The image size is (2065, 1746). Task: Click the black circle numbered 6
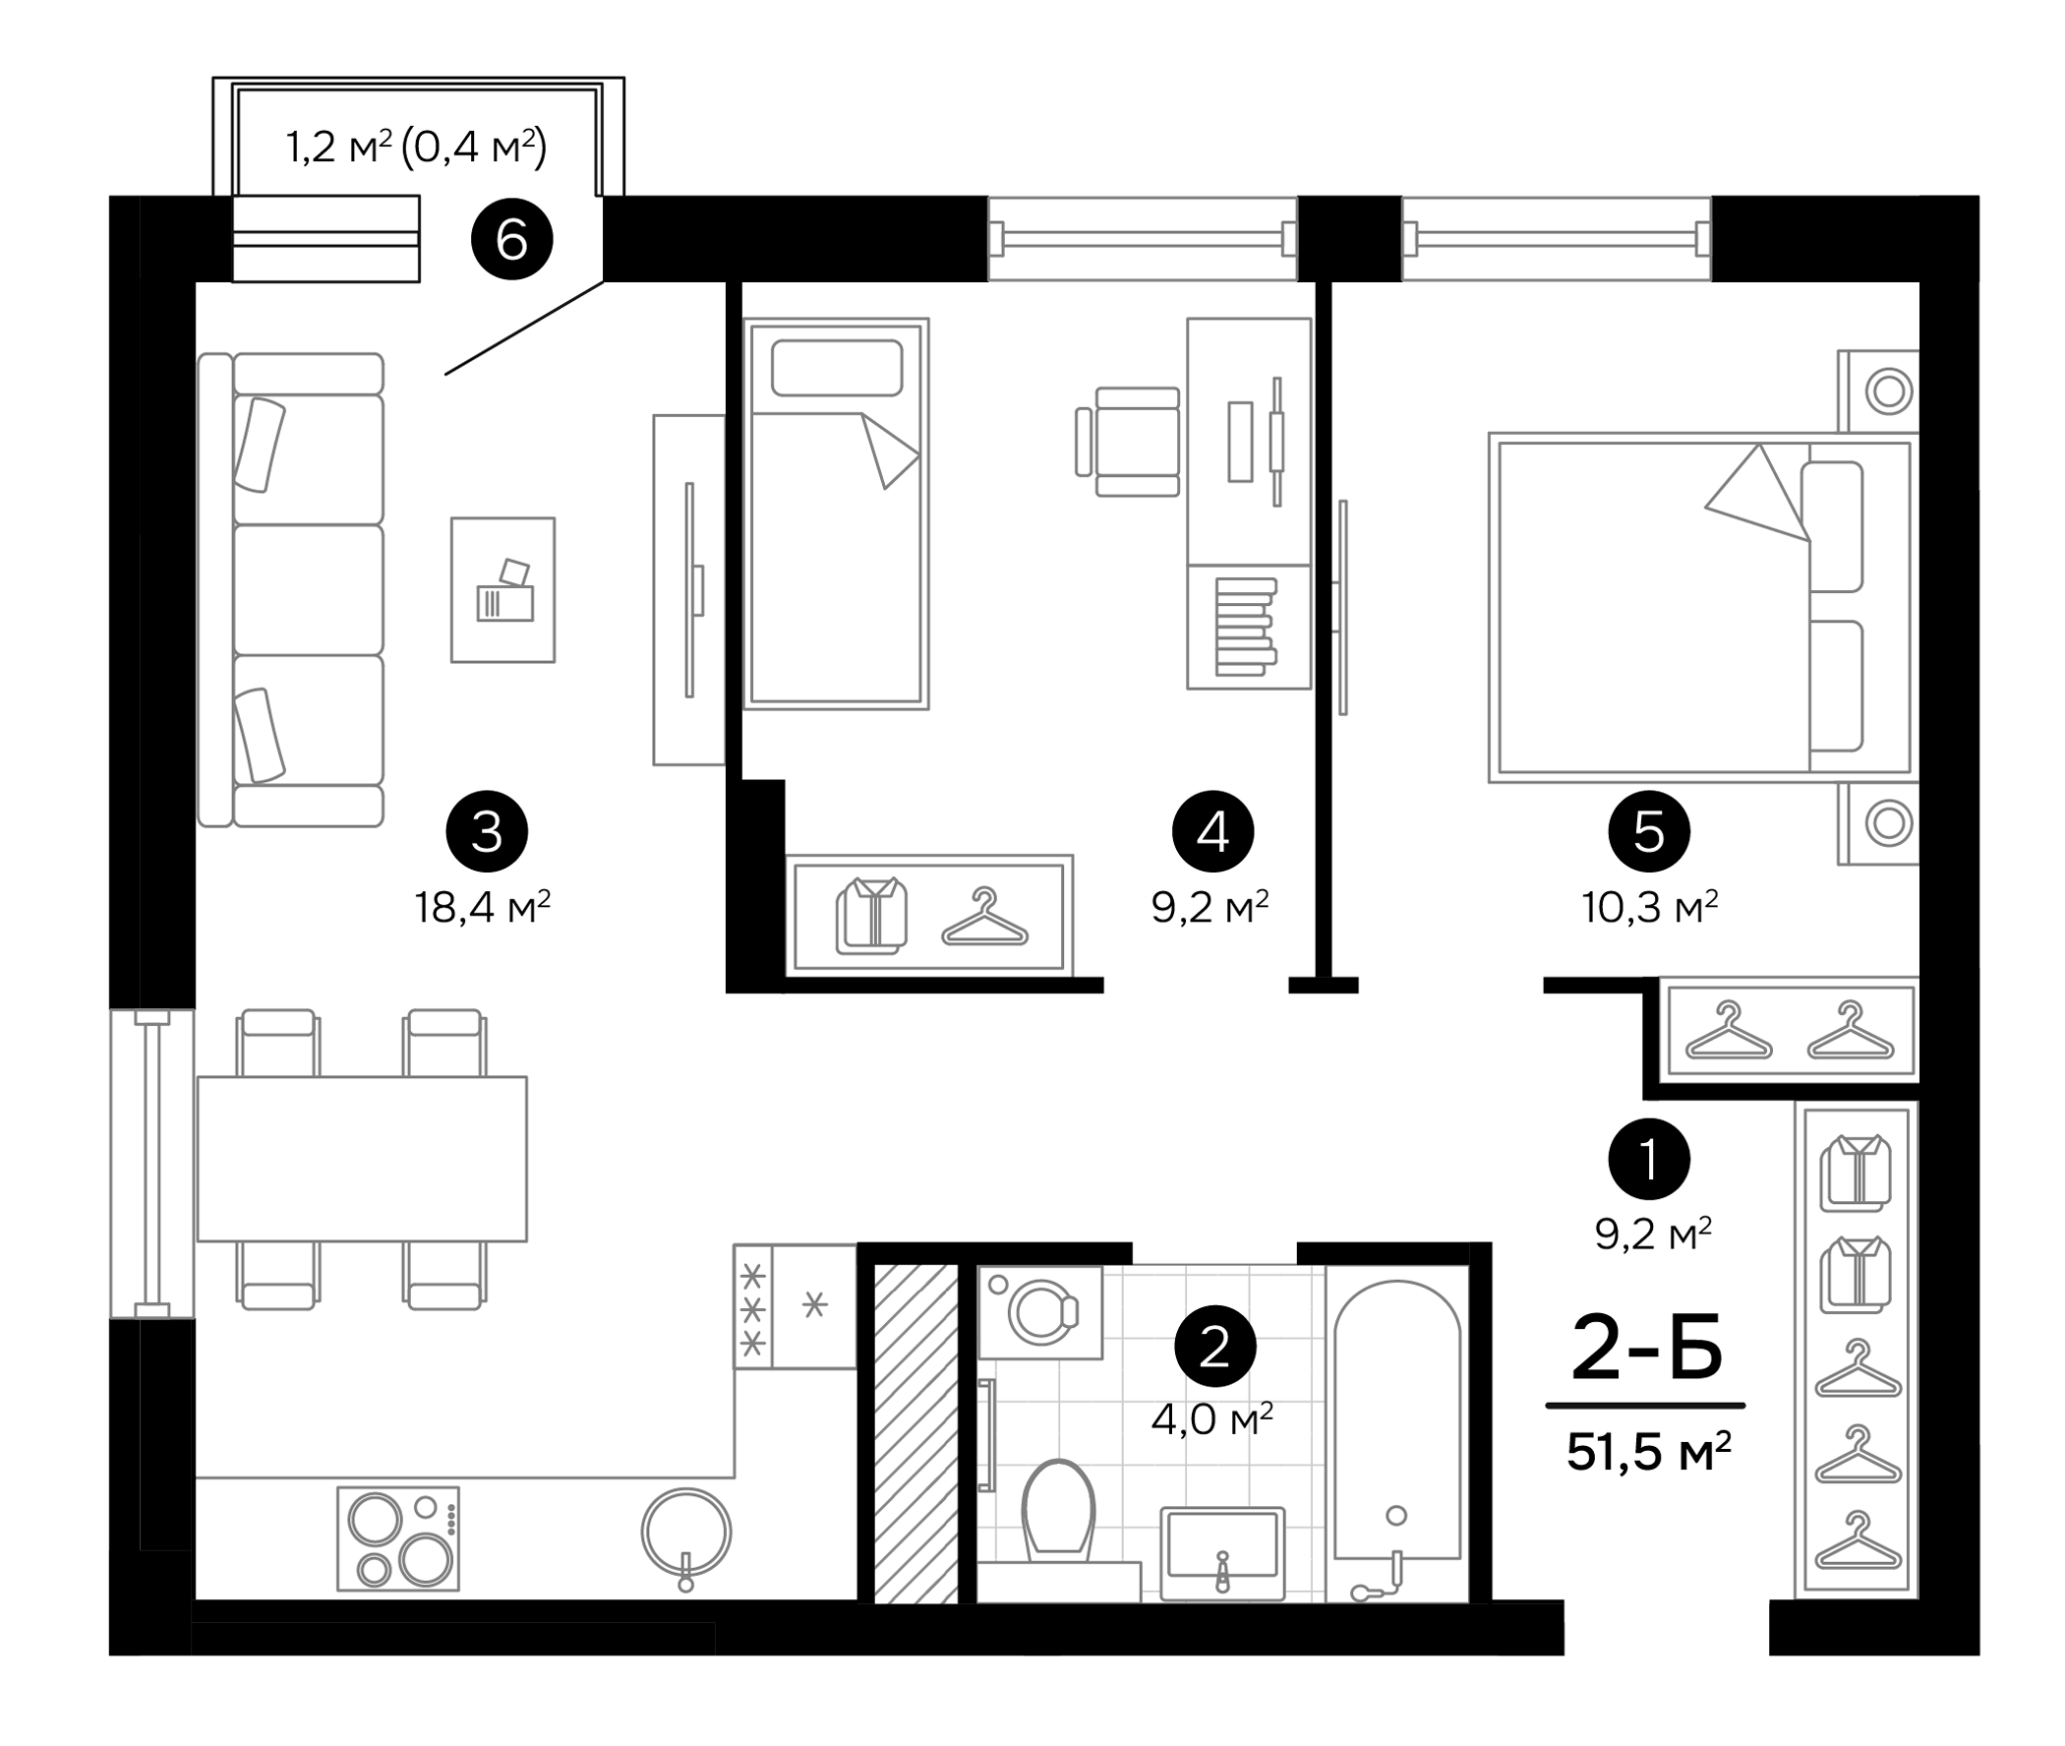[511, 239]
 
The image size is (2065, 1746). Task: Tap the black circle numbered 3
[487, 831]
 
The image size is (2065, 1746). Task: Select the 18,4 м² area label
[483, 907]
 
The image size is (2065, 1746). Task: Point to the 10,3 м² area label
[1648, 907]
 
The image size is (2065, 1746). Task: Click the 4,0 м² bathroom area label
[1211, 1420]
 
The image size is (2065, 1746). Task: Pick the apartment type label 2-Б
[1646, 1349]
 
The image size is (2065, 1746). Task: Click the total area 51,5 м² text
[1648, 1452]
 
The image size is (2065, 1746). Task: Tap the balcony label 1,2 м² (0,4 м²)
[417, 148]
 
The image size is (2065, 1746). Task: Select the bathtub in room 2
[1396, 1435]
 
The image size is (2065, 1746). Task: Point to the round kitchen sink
[685, 1532]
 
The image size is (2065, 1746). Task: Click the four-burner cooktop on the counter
[398, 1539]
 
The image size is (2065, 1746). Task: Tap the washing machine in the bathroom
[1040, 1312]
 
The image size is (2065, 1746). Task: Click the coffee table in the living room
[502, 590]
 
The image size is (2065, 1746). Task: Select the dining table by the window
[361, 1158]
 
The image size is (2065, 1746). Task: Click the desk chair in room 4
[1132, 442]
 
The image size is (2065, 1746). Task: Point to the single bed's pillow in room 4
[836, 368]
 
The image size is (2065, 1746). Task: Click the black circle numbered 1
[1648, 1158]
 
